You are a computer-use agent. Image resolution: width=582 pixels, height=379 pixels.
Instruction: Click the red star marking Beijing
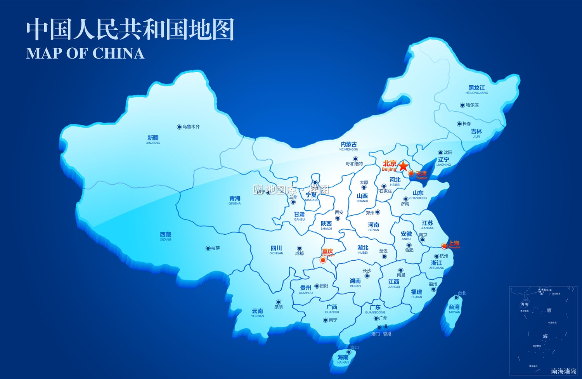[404, 166]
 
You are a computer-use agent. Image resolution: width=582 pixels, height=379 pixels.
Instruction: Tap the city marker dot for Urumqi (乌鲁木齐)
[179, 127]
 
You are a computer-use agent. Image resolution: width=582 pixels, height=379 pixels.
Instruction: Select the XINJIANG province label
[153, 140]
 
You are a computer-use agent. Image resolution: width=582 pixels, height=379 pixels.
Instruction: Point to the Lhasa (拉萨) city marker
[208, 248]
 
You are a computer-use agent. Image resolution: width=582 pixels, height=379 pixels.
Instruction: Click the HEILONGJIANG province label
[476, 90]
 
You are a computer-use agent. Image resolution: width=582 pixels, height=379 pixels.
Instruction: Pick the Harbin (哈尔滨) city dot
[462, 105]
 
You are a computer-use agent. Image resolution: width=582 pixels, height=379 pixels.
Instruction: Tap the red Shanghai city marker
[444, 246]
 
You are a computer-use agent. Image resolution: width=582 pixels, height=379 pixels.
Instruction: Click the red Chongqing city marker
[323, 260]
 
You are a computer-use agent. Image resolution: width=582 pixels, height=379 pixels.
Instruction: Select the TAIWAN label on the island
[454, 309]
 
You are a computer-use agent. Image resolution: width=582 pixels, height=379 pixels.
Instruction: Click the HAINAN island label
[343, 359]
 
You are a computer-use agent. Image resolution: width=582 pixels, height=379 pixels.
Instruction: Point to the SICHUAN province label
[276, 250]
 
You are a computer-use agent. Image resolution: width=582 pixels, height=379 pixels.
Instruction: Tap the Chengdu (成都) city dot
[299, 248]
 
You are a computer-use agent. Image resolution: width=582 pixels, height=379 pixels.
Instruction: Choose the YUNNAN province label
[257, 313]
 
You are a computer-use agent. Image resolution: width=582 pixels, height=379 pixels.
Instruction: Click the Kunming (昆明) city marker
[278, 302]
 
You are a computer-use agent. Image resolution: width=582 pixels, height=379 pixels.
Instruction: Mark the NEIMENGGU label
[348, 146]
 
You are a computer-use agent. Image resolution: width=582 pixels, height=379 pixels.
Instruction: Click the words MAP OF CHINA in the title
[85, 53]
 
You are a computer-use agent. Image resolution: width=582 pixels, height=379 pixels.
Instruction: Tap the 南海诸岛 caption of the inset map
[564, 371]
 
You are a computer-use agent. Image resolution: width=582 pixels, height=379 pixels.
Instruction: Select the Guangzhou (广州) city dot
[376, 318]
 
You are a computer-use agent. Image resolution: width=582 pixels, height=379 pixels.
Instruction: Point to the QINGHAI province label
[235, 200]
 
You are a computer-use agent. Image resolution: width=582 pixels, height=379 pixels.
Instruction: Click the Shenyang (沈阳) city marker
[440, 153]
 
